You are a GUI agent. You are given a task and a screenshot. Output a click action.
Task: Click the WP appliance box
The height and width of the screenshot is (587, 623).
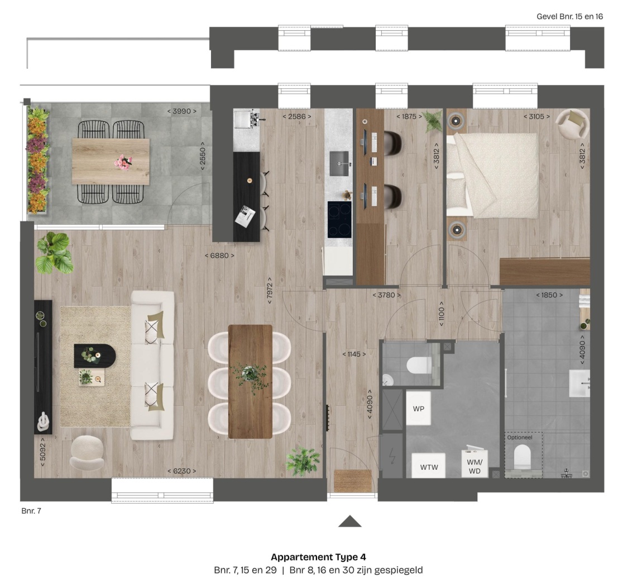tap(418, 408)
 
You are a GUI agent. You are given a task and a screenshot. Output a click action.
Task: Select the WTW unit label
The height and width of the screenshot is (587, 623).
tap(429, 467)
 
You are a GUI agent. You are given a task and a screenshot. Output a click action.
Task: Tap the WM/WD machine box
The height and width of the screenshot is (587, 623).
tap(475, 464)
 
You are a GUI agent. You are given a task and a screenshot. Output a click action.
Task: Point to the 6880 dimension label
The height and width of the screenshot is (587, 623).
tap(219, 255)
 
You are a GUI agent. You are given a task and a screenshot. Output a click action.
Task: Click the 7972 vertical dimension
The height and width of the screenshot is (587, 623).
tap(270, 291)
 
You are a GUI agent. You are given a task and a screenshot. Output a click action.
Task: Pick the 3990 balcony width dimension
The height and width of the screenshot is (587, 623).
tap(181, 111)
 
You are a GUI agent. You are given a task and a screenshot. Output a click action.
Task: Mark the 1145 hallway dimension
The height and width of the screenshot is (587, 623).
tap(354, 354)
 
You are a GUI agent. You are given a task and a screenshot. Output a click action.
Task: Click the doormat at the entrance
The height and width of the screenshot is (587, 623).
tap(352, 481)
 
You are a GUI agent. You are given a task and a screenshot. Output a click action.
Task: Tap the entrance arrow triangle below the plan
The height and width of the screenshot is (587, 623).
tap(349, 522)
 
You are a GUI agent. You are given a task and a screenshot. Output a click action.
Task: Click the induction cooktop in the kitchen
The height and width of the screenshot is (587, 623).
tap(339, 219)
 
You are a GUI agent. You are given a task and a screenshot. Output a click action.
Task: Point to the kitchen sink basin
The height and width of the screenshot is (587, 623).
tap(339, 163)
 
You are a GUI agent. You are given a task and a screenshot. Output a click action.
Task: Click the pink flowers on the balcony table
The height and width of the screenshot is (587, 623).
tap(123, 163)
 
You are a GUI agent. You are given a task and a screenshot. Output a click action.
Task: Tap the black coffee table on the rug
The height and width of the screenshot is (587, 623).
tap(94, 356)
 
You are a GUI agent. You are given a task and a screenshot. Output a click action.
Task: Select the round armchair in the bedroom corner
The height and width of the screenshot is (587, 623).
tap(572, 123)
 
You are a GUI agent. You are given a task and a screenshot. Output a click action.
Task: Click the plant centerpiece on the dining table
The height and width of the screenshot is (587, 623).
tap(250, 375)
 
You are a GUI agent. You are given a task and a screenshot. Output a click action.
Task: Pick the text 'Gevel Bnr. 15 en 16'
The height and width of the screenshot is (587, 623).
tap(570, 16)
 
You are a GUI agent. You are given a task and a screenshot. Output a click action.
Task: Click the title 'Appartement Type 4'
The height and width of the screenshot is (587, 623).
tap(318, 557)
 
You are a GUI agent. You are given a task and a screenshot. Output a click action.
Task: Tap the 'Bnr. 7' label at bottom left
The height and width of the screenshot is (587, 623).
tap(31, 510)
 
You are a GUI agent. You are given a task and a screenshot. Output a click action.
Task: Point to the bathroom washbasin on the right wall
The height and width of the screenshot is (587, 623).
tap(579, 384)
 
